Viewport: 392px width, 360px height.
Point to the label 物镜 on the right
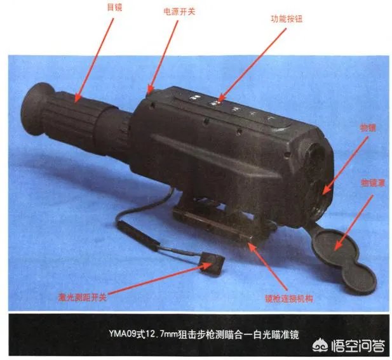coord(368,128)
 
